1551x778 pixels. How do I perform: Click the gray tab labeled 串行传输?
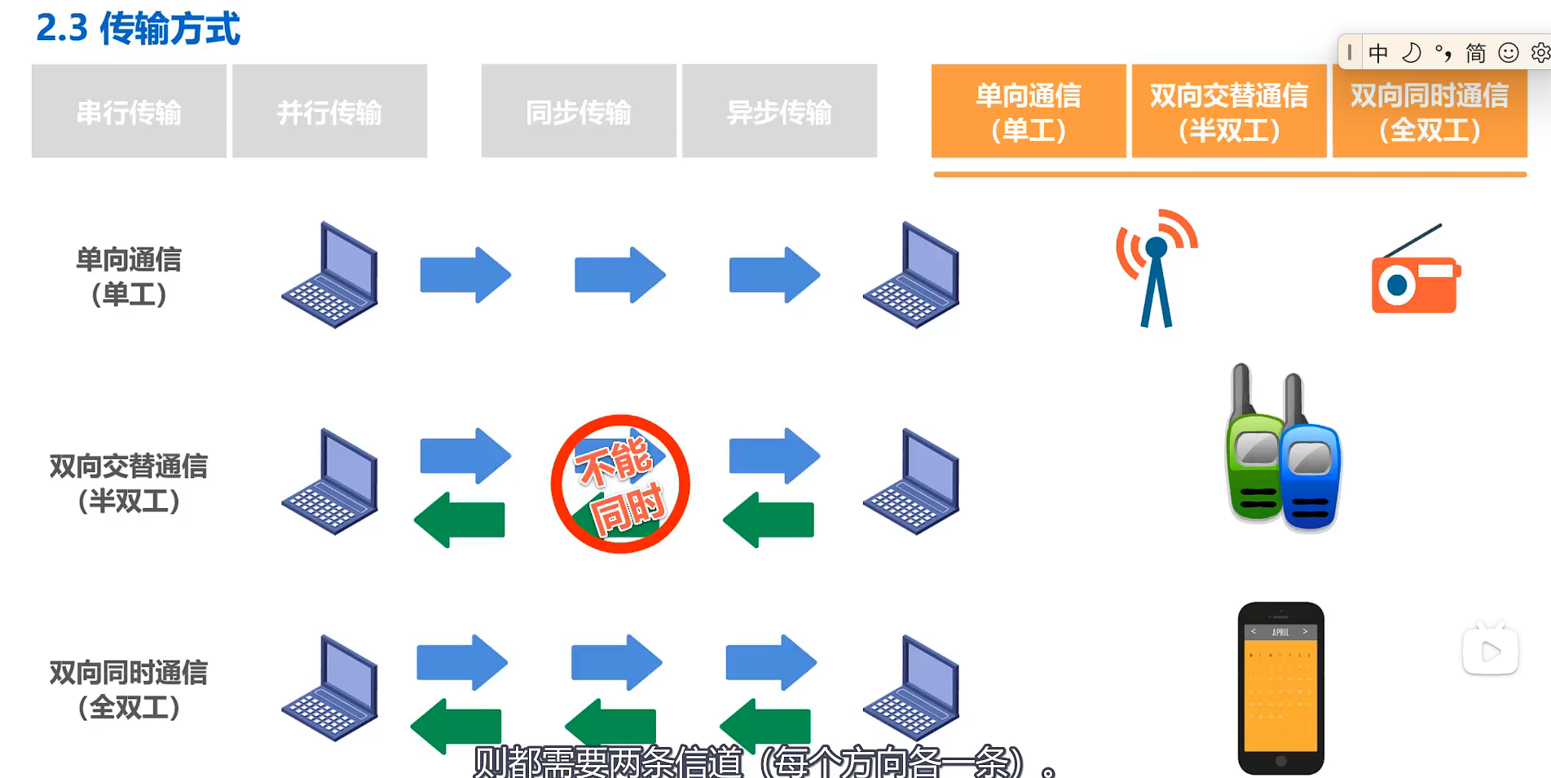[x=129, y=111]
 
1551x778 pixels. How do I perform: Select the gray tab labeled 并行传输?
[x=329, y=111]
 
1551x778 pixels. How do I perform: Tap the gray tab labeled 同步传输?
[x=579, y=111]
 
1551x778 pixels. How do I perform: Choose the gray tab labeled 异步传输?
[x=779, y=111]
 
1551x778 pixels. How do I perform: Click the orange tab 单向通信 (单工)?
[x=1029, y=111]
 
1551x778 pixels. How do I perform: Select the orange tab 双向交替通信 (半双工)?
[x=1229, y=111]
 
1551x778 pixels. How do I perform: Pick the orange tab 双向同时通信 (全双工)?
[x=1430, y=111]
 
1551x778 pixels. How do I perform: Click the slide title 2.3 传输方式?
[x=139, y=29]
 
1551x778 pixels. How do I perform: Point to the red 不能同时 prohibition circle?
[x=620, y=484]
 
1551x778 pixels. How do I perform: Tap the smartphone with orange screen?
[x=1280, y=687]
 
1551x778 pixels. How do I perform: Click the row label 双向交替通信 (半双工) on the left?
[x=129, y=483]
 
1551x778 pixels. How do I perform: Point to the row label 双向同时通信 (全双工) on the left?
[x=129, y=689]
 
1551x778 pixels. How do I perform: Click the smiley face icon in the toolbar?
[x=1509, y=53]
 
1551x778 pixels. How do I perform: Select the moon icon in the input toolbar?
[x=1411, y=53]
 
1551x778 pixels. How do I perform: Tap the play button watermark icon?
[x=1491, y=652]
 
